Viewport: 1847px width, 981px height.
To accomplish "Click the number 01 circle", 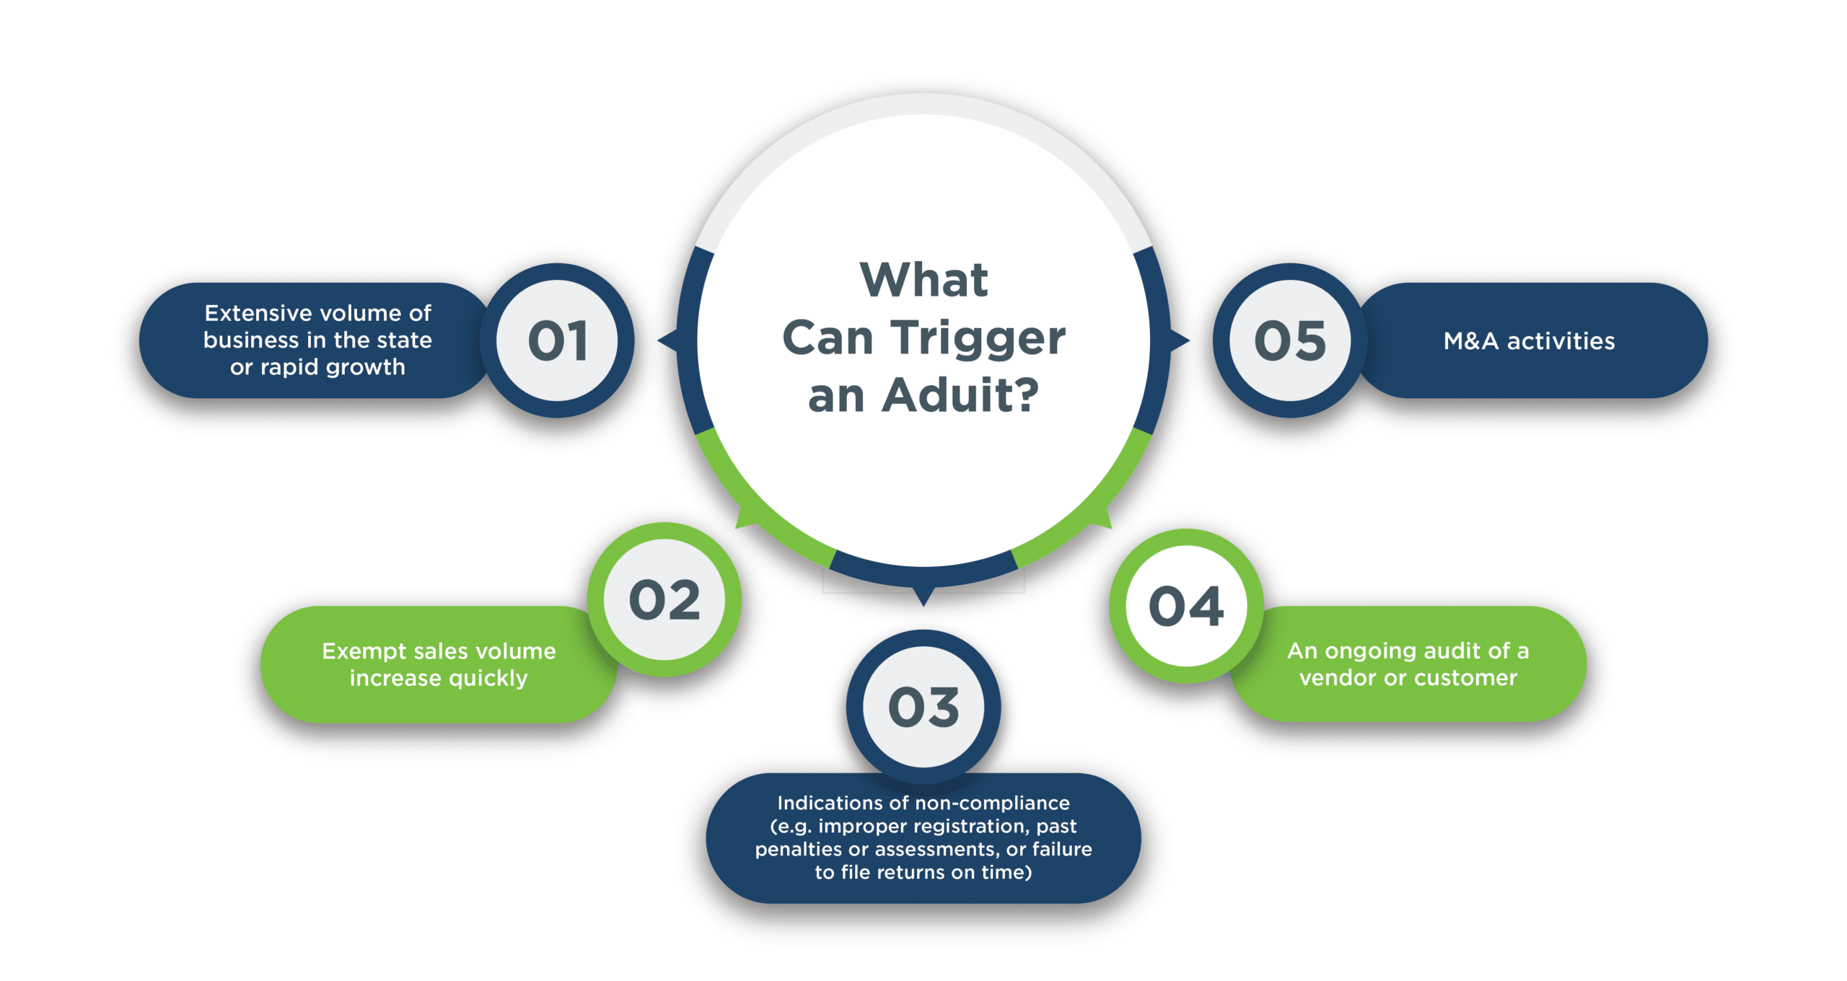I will [557, 340].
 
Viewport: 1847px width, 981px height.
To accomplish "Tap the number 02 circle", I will [664, 599].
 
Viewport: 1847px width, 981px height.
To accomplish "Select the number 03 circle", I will [923, 707].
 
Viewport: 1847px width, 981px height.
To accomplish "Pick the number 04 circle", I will [1186, 606].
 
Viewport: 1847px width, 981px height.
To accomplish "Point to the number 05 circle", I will [1290, 340].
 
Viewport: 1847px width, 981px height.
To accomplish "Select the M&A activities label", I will [1529, 341].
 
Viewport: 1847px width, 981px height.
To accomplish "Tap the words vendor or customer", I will [1408, 678].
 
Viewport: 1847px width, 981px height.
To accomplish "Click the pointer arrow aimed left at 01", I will [667, 340].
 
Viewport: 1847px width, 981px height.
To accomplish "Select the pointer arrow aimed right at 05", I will [1180, 340].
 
